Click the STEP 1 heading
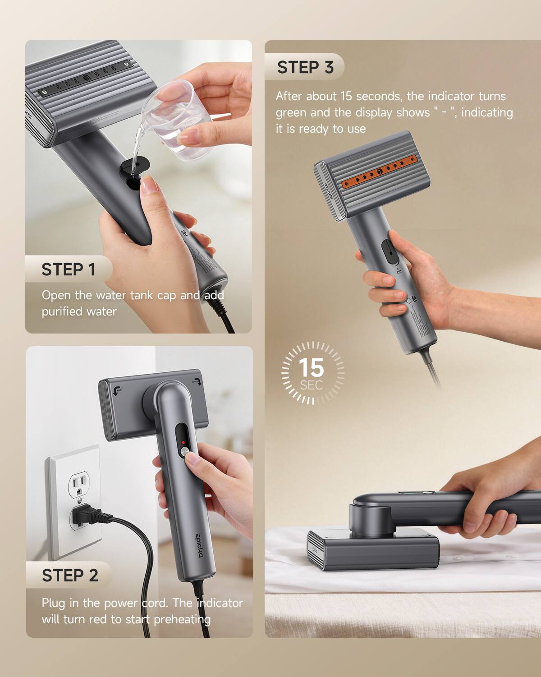click(68, 269)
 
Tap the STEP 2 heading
click(70, 576)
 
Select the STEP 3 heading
click(305, 67)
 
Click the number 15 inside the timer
click(311, 367)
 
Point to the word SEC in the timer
click(311, 385)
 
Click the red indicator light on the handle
click(183, 443)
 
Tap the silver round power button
click(184, 452)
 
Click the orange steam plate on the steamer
click(380, 172)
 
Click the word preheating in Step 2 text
click(182, 619)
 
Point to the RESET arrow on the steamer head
click(117, 390)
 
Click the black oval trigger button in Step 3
click(390, 252)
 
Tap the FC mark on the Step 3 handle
click(415, 298)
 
